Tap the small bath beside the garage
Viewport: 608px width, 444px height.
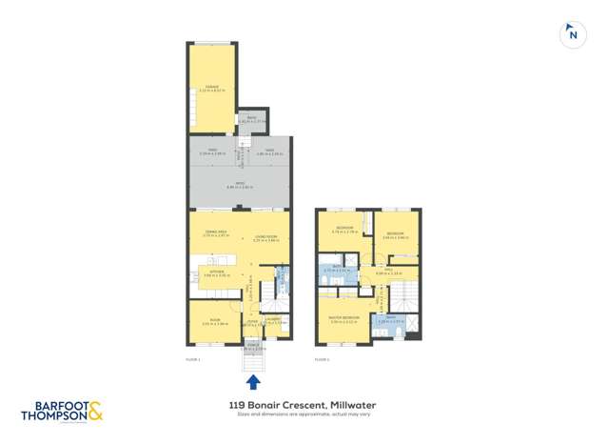(249, 121)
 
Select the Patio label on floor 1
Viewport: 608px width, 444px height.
(236, 186)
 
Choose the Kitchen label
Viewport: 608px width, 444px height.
(214, 272)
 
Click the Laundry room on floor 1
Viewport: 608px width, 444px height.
(272, 321)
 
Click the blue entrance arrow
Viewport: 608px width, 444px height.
(253, 382)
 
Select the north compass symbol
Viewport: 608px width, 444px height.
(572, 34)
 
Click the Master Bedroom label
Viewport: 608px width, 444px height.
(343, 319)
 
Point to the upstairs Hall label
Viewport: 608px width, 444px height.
(389, 272)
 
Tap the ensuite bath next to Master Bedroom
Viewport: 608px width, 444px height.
(392, 321)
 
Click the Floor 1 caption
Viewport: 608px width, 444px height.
(193, 358)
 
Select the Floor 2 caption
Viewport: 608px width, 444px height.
(323, 358)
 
